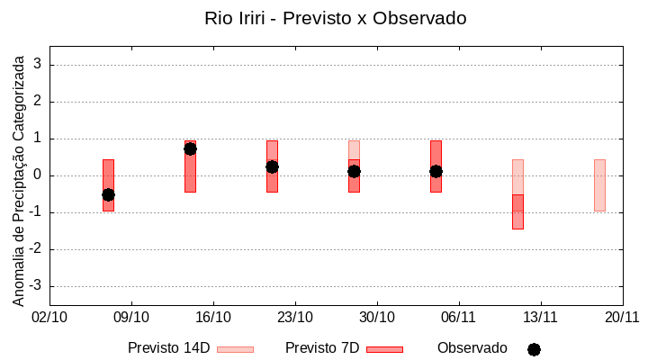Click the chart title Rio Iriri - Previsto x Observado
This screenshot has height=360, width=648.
tap(336, 18)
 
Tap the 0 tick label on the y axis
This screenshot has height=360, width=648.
tap(39, 175)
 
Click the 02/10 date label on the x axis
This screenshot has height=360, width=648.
tap(49, 317)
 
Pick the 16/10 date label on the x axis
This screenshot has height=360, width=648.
tap(213, 317)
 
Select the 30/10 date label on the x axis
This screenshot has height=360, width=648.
tap(377, 317)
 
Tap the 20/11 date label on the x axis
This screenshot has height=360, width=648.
tap(622, 317)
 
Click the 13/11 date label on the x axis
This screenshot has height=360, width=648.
tap(540, 317)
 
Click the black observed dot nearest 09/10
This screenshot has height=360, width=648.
tap(108, 194)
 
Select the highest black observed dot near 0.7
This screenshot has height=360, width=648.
tap(190, 148)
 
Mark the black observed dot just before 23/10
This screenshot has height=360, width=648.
tap(272, 166)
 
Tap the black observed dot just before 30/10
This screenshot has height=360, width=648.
tap(354, 171)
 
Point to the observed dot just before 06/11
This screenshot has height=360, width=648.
tap(436, 171)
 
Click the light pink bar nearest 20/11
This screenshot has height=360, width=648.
tap(599, 185)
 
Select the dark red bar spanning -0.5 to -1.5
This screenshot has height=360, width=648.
tap(517, 212)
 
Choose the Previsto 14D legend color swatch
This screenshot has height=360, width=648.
tap(235, 349)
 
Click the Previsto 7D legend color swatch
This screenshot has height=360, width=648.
tap(384, 349)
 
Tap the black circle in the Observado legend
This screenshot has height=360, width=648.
tap(534, 349)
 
